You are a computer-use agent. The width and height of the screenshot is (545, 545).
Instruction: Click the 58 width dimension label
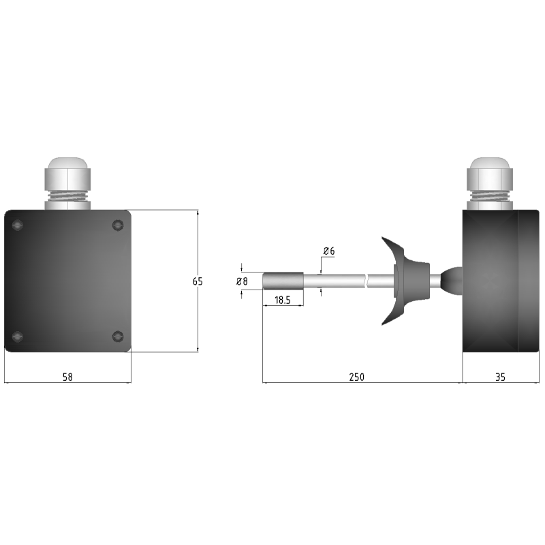tap(67, 377)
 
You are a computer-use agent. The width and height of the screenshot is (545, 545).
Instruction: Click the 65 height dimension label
tap(198, 281)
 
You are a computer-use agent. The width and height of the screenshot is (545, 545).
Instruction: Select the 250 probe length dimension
tap(356, 377)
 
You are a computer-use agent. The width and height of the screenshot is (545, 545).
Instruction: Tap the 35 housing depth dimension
tap(500, 377)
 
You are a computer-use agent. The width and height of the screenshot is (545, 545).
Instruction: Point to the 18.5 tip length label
tap(283, 300)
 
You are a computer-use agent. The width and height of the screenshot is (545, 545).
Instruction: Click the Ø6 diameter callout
tap(329, 251)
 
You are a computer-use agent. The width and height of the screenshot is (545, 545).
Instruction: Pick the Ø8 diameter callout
tap(242, 281)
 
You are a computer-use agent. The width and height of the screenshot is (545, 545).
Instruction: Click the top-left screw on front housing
tap(18, 225)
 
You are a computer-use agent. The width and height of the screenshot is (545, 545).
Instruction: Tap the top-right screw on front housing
tap(118, 225)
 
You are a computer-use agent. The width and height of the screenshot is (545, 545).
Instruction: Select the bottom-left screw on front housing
tap(18, 337)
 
